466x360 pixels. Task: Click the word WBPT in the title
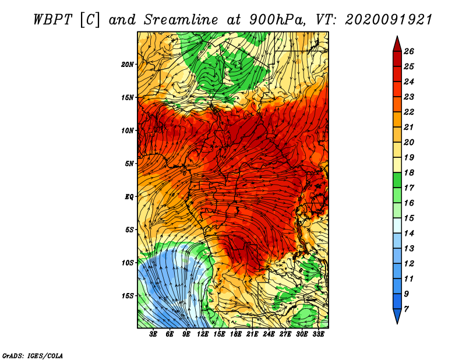tap(52, 20)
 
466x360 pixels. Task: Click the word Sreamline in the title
tap(181, 20)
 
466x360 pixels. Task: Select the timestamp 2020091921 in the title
tap(389, 20)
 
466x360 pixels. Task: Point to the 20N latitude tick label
tap(128, 64)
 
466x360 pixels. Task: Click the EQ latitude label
tap(129, 197)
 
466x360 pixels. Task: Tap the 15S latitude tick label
tap(128, 296)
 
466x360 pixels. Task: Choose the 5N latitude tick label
tap(129, 164)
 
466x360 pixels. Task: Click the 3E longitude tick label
tap(153, 334)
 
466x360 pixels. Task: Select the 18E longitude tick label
tap(236, 334)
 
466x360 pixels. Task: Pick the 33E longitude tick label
tap(318, 334)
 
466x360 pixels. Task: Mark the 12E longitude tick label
tap(203, 334)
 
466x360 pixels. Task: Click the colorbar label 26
tap(409, 51)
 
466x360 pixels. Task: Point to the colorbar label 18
tap(409, 172)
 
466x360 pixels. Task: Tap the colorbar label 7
tap(406, 309)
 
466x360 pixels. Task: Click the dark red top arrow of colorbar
tap(397, 45)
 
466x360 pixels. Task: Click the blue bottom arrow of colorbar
tap(397, 315)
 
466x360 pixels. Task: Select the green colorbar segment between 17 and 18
tap(397, 180)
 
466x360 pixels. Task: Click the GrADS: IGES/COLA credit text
tap(33, 356)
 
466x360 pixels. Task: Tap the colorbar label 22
tap(409, 112)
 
